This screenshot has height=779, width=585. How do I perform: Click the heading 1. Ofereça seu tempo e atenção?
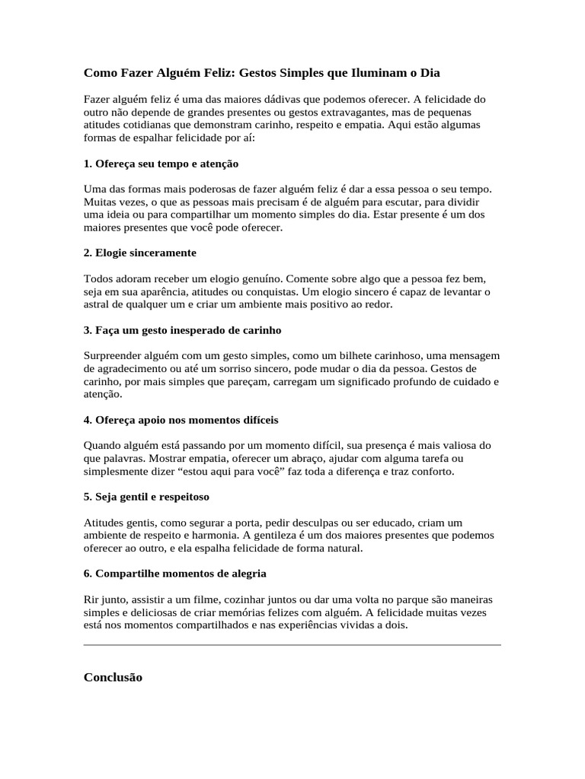[x=161, y=164]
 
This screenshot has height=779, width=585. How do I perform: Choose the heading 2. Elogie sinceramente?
[x=140, y=253]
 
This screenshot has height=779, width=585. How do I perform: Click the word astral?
[x=96, y=304]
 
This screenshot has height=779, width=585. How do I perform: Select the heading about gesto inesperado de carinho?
[x=182, y=331]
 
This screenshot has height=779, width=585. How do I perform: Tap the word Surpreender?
[x=113, y=356]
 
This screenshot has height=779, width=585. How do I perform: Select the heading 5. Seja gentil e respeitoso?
[x=146, y=497]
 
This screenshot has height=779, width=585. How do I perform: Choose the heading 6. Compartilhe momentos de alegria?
[x=174, y=573]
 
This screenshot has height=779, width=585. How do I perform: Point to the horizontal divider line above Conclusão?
[x=292, y=645]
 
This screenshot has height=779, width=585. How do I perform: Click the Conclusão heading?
[x=113, y=677]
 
